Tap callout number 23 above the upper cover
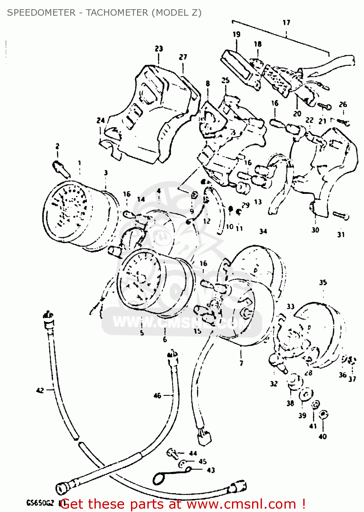[159, 49]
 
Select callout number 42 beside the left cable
[40, 390]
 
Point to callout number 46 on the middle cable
[157, 396]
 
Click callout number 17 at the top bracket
[286, 23]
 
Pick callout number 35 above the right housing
[323, 283]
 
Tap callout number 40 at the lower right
[322, 436]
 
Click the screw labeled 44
[173, 453]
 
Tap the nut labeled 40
[323, 415]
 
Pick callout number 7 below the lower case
[241, 363]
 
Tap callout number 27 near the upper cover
[183, 57]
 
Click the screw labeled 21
[324, 107]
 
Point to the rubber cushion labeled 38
[294, 382]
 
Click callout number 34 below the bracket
[263, 231]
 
